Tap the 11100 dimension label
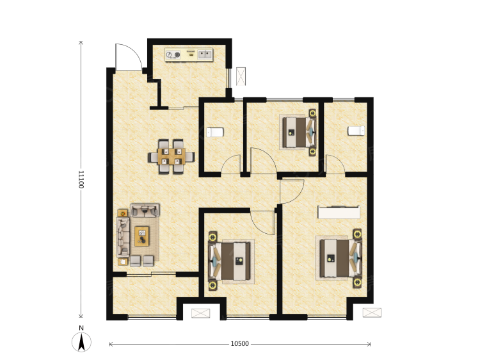click(x=81, y=179)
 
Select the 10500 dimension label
click(x=239, y=344)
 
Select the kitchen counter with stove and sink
click(x=189, y=54)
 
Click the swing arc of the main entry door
click(x=128, y=54)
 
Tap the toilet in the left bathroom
click(x=215, y=133)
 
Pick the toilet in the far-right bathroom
click(x=356, y=131)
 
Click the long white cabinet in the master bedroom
click(x=339, y=212)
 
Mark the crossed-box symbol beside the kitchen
click(x=241, y=76)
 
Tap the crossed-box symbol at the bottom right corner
click(x=371, y=313)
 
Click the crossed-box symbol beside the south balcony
click(x=200, y=313)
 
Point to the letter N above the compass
click(x=81, y=329)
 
